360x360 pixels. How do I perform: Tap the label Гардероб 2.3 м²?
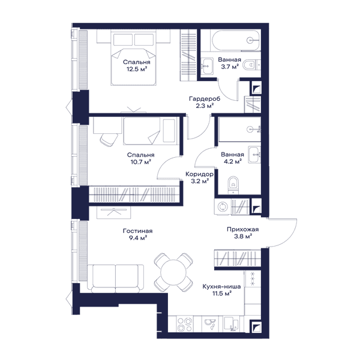tap(205, 102)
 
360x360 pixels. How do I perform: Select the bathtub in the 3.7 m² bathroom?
tap(236, 41)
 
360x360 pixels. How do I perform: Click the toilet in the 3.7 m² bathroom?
tap(249, 65)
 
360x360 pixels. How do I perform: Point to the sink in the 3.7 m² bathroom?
tap(208, 66)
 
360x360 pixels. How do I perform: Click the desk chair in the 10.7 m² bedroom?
tap(109, 139)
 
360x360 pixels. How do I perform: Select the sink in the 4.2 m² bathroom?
tap(254, 155)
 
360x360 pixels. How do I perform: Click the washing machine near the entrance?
tap(223, 206)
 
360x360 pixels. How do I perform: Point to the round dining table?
tap(173, 272)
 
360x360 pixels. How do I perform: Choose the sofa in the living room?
tap(115, 278)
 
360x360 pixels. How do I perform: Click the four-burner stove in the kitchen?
tap(185, 324)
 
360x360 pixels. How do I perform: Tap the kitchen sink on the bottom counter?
tap(210, 324)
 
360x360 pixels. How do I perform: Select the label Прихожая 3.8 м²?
tap(243, 233)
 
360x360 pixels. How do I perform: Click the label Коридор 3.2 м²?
tap(199, 178)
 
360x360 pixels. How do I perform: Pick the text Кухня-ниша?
tap(221, 286)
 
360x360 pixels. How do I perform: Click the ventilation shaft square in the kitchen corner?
tap(256, 326)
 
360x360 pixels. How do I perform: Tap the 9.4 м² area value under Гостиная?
tap(138, 238)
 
